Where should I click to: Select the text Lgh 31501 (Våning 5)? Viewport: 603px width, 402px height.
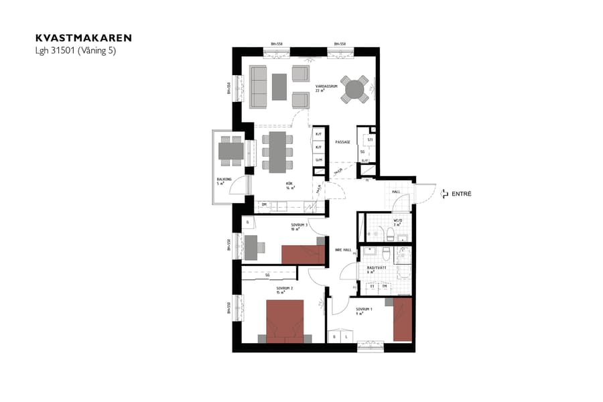[76, 50]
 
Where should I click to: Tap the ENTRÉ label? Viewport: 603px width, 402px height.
[462, 194]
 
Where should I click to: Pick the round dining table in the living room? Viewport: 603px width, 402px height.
[354, 89]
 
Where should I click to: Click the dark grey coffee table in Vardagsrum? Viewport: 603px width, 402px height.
[279, 86]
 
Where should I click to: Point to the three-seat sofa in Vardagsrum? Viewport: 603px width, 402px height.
[258, 87]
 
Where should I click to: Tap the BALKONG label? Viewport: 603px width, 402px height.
[224, 180]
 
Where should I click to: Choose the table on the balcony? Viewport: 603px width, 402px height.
[231, 150]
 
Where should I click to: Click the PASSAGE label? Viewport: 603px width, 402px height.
[343, 142]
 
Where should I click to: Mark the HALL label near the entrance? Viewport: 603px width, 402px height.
[396, 192]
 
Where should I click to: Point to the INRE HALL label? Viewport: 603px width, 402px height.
[343, 250]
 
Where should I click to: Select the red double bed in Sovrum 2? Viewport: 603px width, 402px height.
[285, 321]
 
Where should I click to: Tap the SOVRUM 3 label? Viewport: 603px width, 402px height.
[299, 226]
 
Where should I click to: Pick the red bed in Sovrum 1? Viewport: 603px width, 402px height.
[402, 319]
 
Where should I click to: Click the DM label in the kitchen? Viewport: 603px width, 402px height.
[265, 204]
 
